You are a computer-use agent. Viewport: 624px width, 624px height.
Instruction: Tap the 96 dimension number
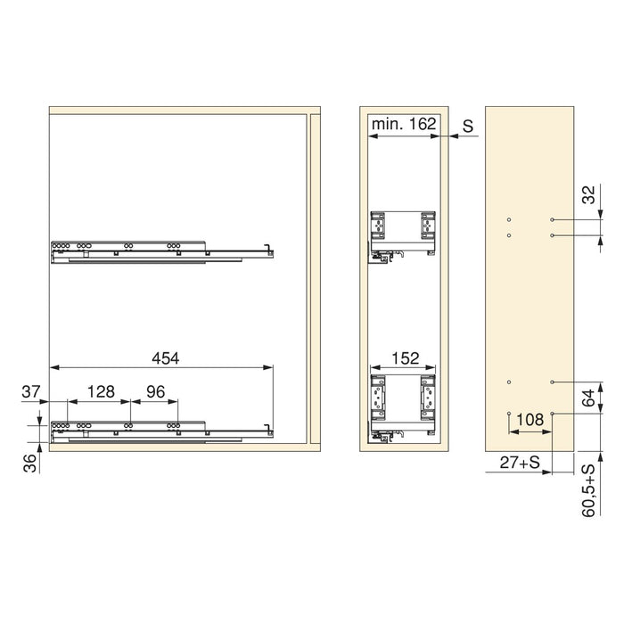click(155, 391)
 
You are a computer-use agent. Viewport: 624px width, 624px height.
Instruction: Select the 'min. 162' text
click(405, 125)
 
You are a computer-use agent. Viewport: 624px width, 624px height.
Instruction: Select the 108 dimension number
click(530, 417)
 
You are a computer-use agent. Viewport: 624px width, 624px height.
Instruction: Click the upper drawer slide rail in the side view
click(160, 251)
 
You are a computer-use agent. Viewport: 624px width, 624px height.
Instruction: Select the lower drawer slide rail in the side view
click(160, 431)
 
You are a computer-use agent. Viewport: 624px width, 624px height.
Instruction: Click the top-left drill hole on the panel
click(508, 219)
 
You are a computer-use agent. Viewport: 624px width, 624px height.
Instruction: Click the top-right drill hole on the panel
click(554, 219)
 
